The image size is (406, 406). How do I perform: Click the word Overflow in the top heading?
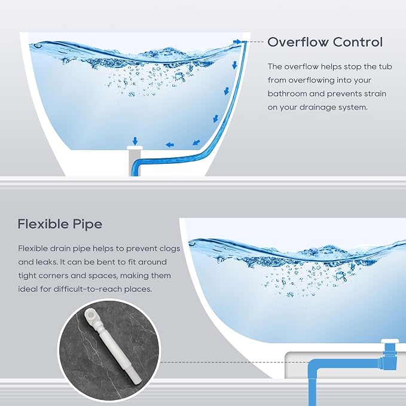pyautogui.click(x=298, y=42)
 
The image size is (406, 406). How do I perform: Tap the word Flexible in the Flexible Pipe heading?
pyautogui.click(x=42, y=224)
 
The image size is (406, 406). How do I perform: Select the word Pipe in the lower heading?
pyautogui.click(x=87, y=224)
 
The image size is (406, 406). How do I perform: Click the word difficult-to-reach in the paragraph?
pyautogui.click(x=87, y=289)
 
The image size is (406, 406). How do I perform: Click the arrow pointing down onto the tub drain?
pyautogui.click(x=135, y=141)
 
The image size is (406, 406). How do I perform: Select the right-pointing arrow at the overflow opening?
pyautogui.click(x=237, y=42)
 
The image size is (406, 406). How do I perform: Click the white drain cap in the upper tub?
pyautogui.click(x=135, y=148)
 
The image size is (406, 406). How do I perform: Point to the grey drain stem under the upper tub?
pyautogui.click(x=131, y=163)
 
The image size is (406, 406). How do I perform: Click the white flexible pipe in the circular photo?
pyautogui.click(x=112, y=347)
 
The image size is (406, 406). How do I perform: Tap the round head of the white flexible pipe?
pyautogui.click(x=91, y=315)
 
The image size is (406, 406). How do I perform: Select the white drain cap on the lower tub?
pyautogui.click(x=390, y=341)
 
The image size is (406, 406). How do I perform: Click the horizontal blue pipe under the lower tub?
pyautogui.click(x=344, y=362)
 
